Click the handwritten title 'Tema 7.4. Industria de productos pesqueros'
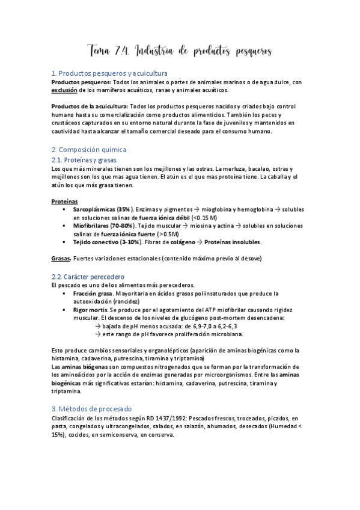180,52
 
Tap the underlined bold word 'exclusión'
65,90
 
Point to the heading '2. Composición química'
89,149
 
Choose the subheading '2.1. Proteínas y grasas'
84,160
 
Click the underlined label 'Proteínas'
64,201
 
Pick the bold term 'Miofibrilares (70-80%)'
103,225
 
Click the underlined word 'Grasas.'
61,259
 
